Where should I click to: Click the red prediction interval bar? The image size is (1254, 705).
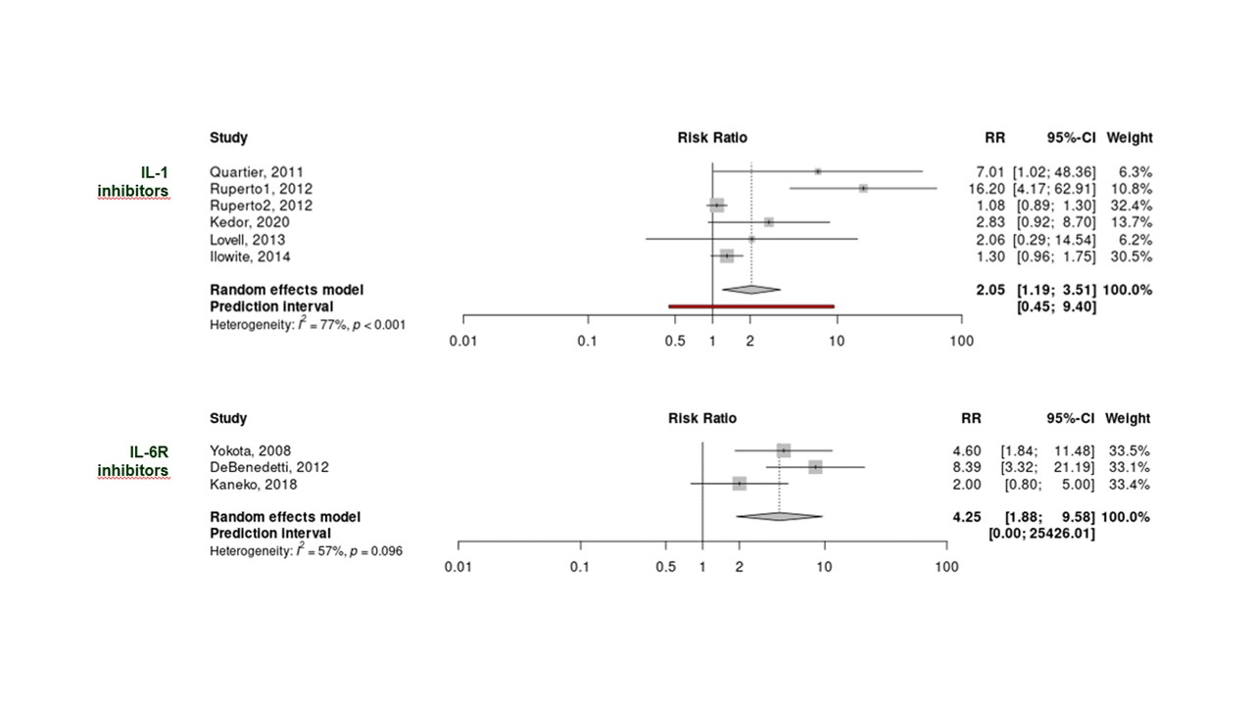point(750,306)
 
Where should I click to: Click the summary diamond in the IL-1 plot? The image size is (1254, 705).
point(751,289)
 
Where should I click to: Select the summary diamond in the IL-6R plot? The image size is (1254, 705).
point(779,516)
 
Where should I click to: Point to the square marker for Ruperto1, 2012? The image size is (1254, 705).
point(863,188)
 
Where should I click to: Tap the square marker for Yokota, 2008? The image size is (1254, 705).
point(783,450)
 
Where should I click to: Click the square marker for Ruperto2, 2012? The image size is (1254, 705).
point(717,206)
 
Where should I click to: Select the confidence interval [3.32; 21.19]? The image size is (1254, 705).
point(1046,467)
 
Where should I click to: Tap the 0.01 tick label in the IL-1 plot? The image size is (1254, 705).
point(463,340)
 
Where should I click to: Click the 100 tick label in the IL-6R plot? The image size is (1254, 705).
point(945,567)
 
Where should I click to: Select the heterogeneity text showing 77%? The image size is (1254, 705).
point(307,324)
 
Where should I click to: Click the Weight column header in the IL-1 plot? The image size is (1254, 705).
point(1129,138)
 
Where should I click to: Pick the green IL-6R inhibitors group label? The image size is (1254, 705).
point(132,461)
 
